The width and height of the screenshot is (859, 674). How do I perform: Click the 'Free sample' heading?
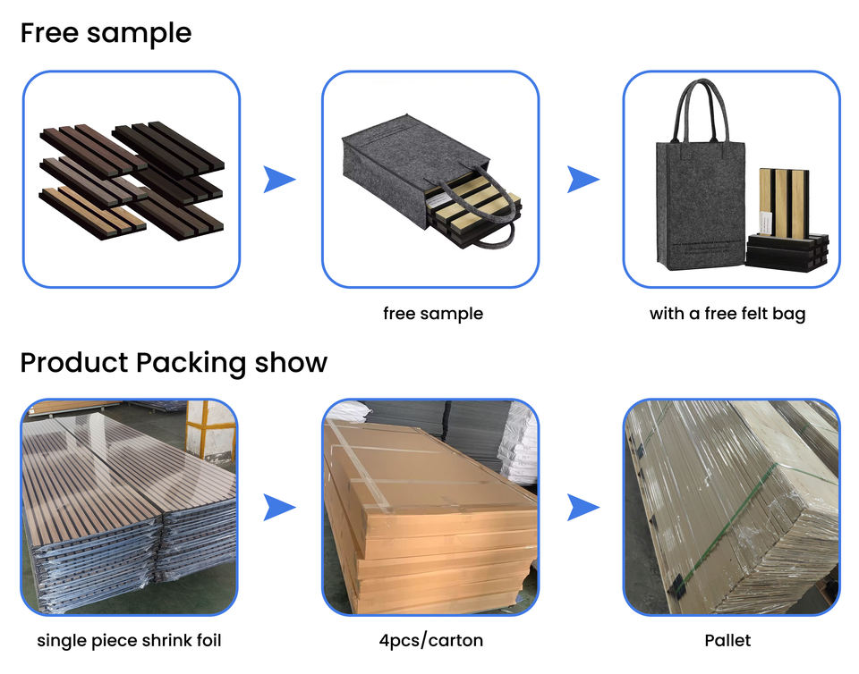106,33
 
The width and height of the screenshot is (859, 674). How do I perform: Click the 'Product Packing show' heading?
174,363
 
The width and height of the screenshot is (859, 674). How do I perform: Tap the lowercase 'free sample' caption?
433,314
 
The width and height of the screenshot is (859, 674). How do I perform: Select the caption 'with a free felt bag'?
727,314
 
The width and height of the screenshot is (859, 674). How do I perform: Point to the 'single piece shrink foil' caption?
129,640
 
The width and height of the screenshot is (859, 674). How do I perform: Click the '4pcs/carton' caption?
431,640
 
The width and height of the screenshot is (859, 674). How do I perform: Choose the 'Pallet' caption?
727,640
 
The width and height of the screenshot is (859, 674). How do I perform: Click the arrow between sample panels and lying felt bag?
279,180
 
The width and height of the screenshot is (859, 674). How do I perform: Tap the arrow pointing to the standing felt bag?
583,180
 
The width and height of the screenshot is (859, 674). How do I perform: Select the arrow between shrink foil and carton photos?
279,507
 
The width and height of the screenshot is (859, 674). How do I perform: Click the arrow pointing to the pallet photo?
583,507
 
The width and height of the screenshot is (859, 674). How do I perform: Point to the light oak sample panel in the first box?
92,213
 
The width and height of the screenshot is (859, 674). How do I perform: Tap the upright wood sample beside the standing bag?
786,204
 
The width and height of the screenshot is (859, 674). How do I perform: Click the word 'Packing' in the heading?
191,363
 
